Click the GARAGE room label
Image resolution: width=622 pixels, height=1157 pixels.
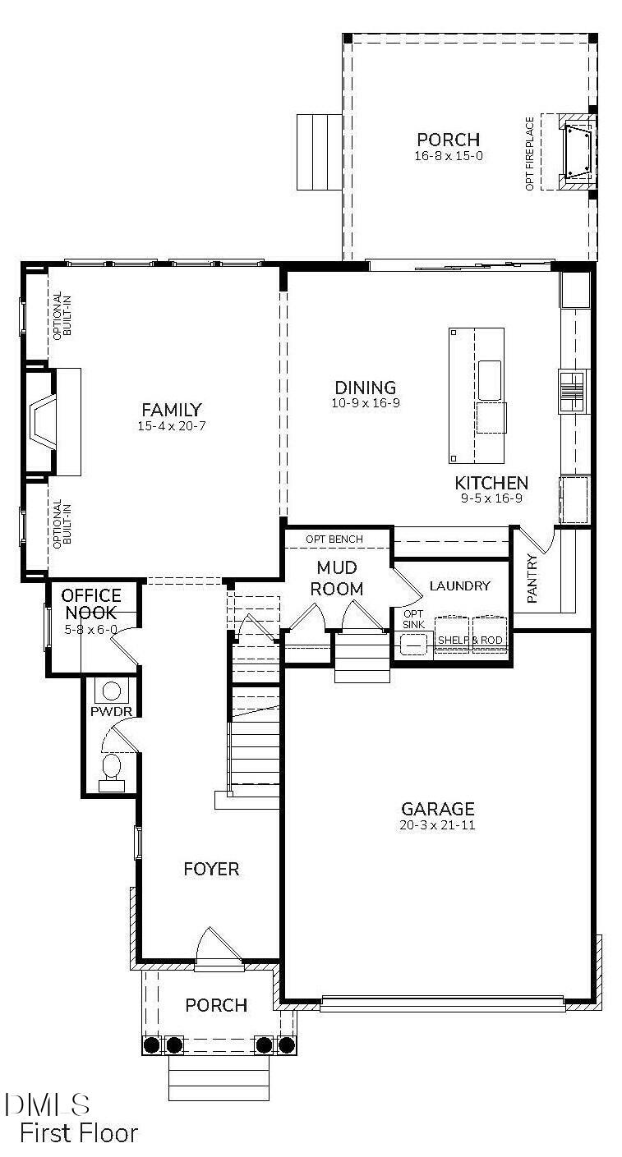(437, 808)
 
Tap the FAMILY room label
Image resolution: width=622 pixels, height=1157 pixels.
(171, 410)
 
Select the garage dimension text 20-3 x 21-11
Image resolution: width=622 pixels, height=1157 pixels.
(437, 825)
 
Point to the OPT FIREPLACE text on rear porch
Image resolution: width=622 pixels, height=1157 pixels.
(530, 154)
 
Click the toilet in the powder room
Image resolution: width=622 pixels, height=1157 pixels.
(111, 769)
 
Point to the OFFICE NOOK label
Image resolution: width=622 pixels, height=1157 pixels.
(91, 604)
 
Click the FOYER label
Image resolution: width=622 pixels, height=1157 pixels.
(211, 869)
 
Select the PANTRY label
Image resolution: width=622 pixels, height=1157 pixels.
(532, 579)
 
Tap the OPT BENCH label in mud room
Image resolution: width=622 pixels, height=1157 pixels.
(334, 539)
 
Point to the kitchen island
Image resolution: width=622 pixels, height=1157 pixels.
(477, 395)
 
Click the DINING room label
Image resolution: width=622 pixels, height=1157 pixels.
(366, 388)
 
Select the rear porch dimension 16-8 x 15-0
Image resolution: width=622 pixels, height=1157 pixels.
(448, 155)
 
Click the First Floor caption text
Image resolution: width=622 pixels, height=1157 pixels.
(79, 1133)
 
